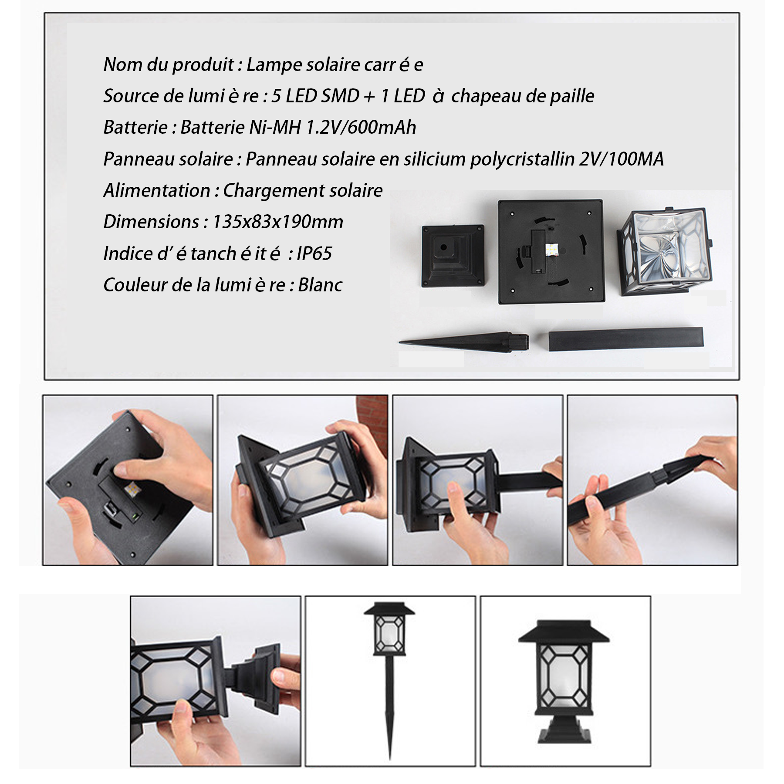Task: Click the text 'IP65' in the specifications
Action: pos(314,253)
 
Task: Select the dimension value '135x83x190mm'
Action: pos(277,222)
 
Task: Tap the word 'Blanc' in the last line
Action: pos(320,285)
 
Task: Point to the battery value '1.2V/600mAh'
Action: pos(361,128)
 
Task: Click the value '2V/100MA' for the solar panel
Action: pos(622,159)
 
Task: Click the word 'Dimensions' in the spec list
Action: pos(151,222)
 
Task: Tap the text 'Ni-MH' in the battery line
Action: pos(275,128)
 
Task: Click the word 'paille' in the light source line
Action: pos(572,96)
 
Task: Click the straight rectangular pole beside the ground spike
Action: pos(625,339)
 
